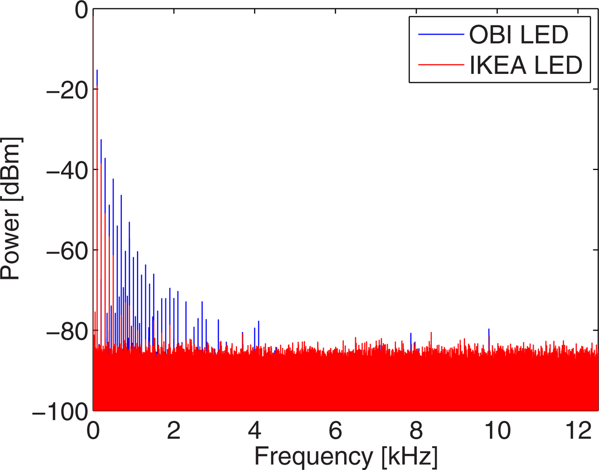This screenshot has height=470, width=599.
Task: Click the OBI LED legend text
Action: [x=519, y=35]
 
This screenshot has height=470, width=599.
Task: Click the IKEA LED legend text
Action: [x=526, y=65]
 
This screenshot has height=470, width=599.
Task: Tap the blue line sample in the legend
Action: [x=441, y=34]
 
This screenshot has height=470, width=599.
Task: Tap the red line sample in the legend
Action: [x=441, y=65]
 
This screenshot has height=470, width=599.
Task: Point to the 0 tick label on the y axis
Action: [x=81, y=10]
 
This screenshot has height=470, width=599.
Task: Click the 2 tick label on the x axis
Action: [x=174, y=431]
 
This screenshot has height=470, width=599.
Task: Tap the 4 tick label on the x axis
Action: [x=255, y=431]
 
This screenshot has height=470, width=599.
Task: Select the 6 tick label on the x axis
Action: [x=335, y=431]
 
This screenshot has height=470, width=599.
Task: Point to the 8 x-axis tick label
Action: [x=416, y=431]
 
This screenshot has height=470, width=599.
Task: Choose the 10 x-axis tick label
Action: [x=497, y=431]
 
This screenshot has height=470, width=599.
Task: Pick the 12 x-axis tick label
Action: [x=578, y=431]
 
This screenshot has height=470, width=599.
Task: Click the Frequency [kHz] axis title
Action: [x=346, y=456]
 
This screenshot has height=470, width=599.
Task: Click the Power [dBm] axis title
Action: [x=11, y=209]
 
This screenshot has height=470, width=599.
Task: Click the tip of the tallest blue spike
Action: [x=97, y=70]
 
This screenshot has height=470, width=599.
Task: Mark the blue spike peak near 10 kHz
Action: [x=489, y=329]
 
